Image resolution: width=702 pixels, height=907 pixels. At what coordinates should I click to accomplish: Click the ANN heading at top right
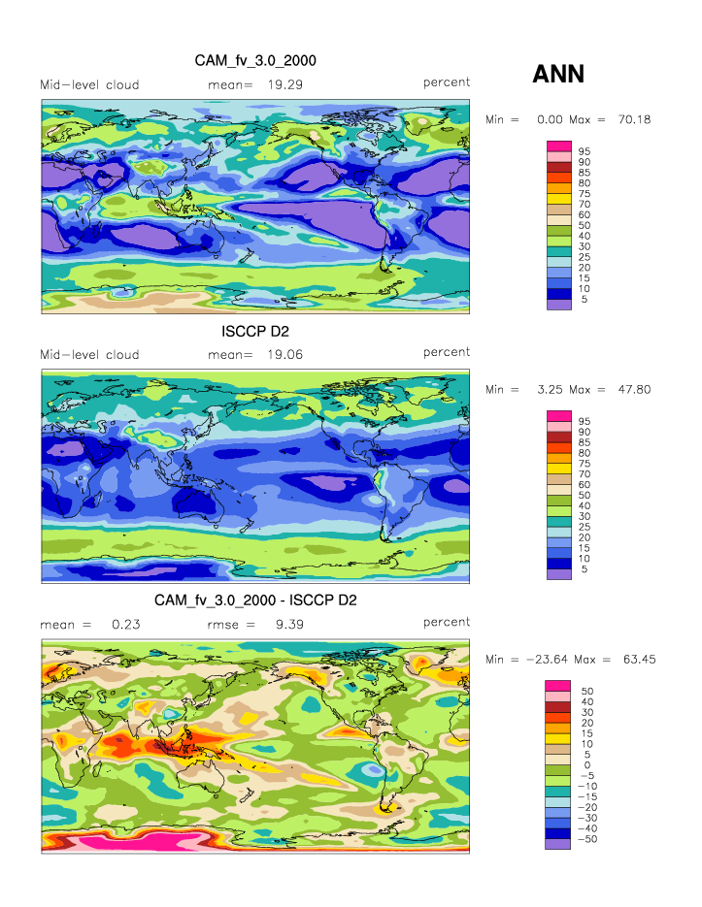(558, 74)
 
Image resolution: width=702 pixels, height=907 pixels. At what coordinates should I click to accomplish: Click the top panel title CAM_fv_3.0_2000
(255, 60)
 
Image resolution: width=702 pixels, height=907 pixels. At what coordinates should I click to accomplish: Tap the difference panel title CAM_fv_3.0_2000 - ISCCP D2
(255, 600)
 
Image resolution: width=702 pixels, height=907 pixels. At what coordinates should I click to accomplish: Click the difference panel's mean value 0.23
(126, 624)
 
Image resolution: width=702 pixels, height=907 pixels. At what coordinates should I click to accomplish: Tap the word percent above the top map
(447, 82)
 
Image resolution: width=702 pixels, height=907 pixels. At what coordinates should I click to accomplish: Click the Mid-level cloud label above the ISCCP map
(89, 354)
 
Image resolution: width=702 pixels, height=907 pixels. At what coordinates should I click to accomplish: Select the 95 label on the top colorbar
(585, 151)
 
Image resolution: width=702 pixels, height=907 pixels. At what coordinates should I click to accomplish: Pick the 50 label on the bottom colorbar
(585, 692)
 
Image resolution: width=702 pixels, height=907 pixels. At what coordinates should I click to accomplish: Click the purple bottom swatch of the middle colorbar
(559, 574)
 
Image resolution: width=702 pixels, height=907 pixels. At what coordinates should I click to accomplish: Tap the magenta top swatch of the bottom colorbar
(559, 686)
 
